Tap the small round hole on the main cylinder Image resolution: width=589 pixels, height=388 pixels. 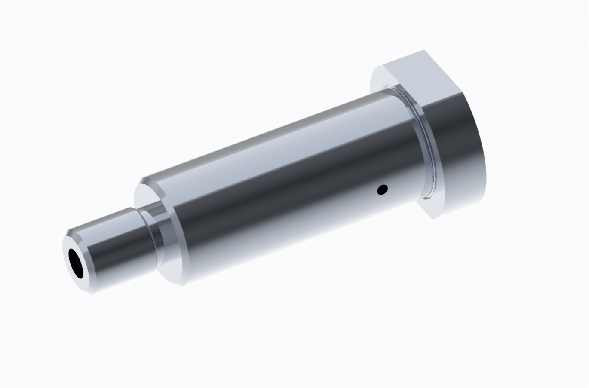(381, 189)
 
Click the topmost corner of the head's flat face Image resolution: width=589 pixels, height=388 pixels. (423, 50)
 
